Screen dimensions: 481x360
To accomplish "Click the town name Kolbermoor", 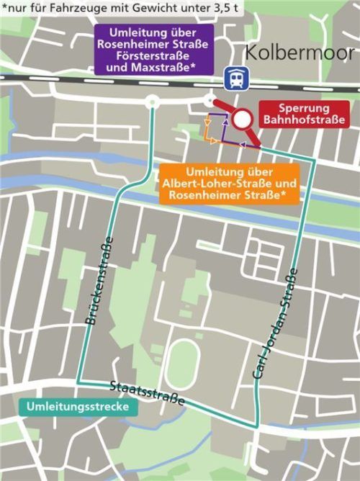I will pyautogui.click(x=299, y=53).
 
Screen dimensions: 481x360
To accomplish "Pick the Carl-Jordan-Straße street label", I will pyautogui.click(x=275, y=323).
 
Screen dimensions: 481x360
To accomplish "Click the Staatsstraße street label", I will pyautogui.click(x=147, y=392).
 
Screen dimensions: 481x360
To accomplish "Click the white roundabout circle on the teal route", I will pyautogui.click(x=151, y=103).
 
